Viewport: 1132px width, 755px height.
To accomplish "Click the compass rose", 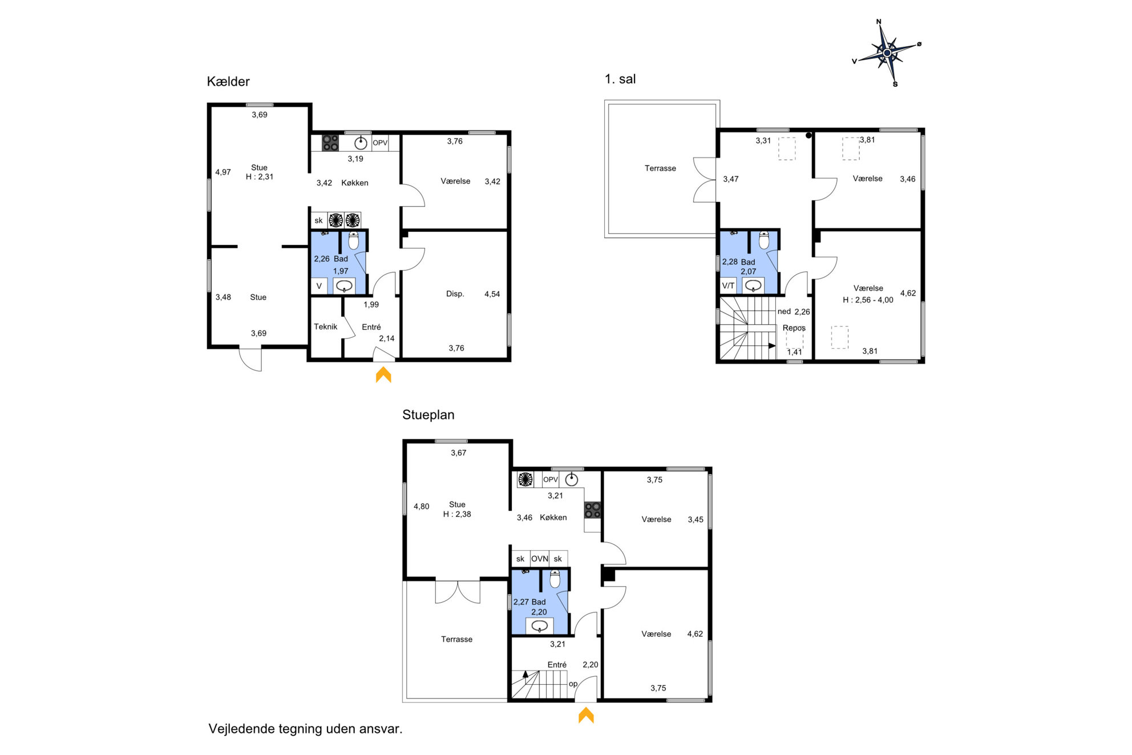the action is (x=887, y=53).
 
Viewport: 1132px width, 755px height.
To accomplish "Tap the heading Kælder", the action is (x=228, y=82).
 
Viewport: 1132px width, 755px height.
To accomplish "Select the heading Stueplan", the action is (x=428, y=415).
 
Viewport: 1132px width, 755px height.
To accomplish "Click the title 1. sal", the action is (x=620, y=79).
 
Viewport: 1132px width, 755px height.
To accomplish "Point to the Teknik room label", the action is (x=325, y=326).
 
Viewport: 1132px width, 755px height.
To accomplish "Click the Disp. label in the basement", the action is (x=455, y=294).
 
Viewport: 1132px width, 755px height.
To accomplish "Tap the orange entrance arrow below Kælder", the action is (x=383, y=374).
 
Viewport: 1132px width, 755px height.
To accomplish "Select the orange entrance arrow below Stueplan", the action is (x=586, y=715).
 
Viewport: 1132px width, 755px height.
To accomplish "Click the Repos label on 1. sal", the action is (x=794, y=328).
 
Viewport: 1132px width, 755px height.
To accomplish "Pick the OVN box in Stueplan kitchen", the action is (x=539, y=559).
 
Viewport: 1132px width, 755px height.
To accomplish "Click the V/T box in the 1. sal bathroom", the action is (x=728, y=285).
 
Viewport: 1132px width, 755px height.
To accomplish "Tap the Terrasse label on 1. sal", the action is (x=660, y=168).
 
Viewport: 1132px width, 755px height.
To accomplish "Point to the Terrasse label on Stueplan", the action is (x=456, y=639).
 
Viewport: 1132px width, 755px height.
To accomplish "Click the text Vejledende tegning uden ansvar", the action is (x=305, y=729).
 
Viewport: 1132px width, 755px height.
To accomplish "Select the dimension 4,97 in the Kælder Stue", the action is (x=223, y=172).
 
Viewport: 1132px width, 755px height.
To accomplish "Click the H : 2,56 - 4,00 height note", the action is (x=868, y=300).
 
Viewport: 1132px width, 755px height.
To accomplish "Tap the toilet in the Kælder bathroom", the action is (x=354, y=240).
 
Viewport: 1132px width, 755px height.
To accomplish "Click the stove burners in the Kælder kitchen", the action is (x=330, y=143).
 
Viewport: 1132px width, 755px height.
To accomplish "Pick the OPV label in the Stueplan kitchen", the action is (x=551, y=479).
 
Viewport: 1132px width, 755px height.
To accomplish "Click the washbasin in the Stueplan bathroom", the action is (x=539, y=626).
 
